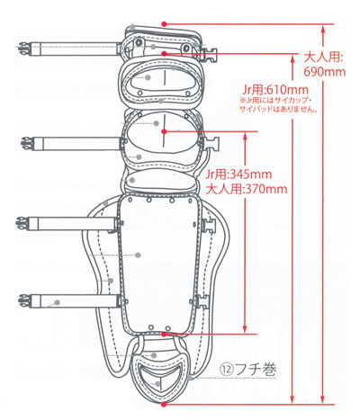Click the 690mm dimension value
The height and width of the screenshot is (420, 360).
324,72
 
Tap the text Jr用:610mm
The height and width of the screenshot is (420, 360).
274,90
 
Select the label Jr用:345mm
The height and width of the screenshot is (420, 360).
238,174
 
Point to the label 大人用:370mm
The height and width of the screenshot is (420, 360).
247,189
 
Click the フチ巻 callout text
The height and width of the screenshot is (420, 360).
256,370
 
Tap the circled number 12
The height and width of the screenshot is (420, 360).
228,371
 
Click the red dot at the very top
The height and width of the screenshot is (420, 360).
164,23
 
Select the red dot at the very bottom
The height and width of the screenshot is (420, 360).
164,405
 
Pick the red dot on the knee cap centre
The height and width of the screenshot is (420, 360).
164,131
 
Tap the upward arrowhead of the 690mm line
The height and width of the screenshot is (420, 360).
323,29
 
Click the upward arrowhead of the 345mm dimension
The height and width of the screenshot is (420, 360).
245,137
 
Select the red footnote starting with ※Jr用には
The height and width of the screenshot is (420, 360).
278,104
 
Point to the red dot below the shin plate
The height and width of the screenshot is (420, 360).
164,334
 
